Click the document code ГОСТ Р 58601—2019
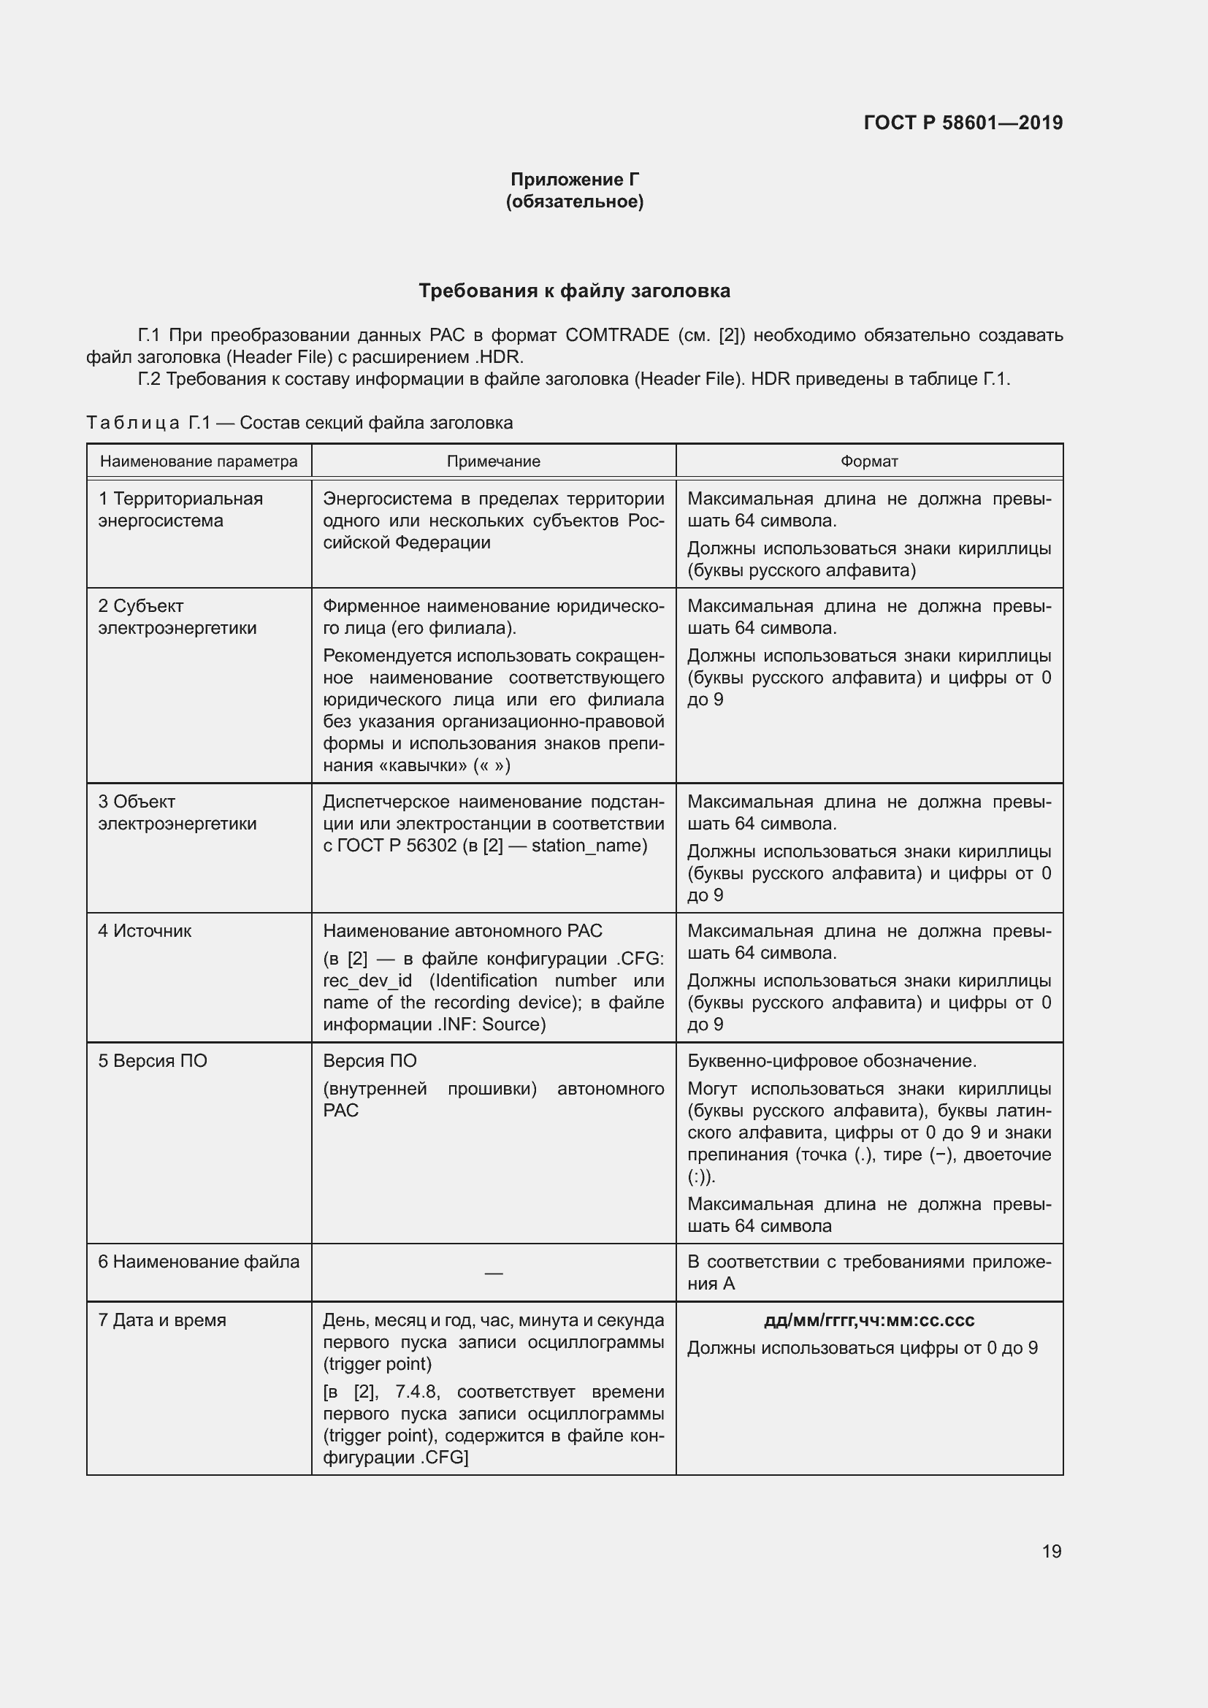click(963, 123)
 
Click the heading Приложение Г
click(574, 180)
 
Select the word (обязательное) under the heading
click(574, 202)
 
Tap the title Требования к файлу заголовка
click(574, 291)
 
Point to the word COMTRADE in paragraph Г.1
click(616, 335)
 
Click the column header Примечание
click(493, 462)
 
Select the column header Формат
click(869, 462)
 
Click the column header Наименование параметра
click(199, 462)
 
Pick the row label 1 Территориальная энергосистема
click(180, 510)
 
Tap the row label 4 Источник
click(145, 930)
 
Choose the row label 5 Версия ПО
click(153, 1061)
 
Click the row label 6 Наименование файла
click(199, 1262)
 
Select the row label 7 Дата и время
click(162, 1320)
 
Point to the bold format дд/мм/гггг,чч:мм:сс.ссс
click(869, 1320)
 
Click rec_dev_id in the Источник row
click(367, 981)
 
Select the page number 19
click(1051, 1551)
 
